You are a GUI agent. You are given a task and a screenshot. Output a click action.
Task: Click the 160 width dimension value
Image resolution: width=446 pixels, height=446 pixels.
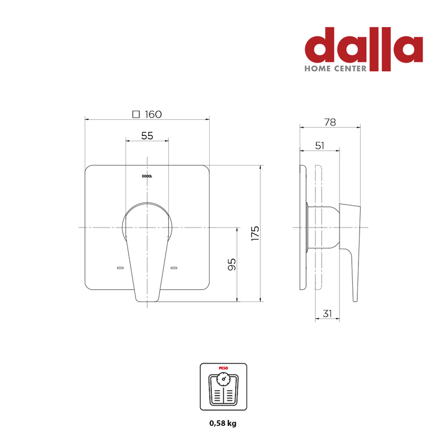tap(153, 114)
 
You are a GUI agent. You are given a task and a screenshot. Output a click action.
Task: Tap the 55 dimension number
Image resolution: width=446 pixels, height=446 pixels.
tap(147, 135)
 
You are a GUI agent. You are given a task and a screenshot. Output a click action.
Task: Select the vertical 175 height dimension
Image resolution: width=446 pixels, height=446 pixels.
tap(255, 233)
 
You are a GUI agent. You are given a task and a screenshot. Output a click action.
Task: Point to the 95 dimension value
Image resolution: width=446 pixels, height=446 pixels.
tap(232, 264)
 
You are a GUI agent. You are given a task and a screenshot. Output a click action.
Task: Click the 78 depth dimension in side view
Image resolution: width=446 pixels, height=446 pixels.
tap(330, 122)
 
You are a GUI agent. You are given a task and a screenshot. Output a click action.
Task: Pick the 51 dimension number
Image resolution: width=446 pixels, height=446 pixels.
tap(319, 146)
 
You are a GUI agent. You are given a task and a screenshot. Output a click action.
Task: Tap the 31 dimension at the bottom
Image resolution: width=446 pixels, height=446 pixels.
tap(327, 313)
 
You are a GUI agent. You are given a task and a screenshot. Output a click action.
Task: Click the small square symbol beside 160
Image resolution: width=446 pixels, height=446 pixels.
tap(136, 114)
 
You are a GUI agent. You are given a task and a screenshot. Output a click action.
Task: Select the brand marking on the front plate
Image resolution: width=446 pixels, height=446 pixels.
tap(147, 176)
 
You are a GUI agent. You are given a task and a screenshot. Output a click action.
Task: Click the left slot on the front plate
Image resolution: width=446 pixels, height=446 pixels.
tap(120, 268)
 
